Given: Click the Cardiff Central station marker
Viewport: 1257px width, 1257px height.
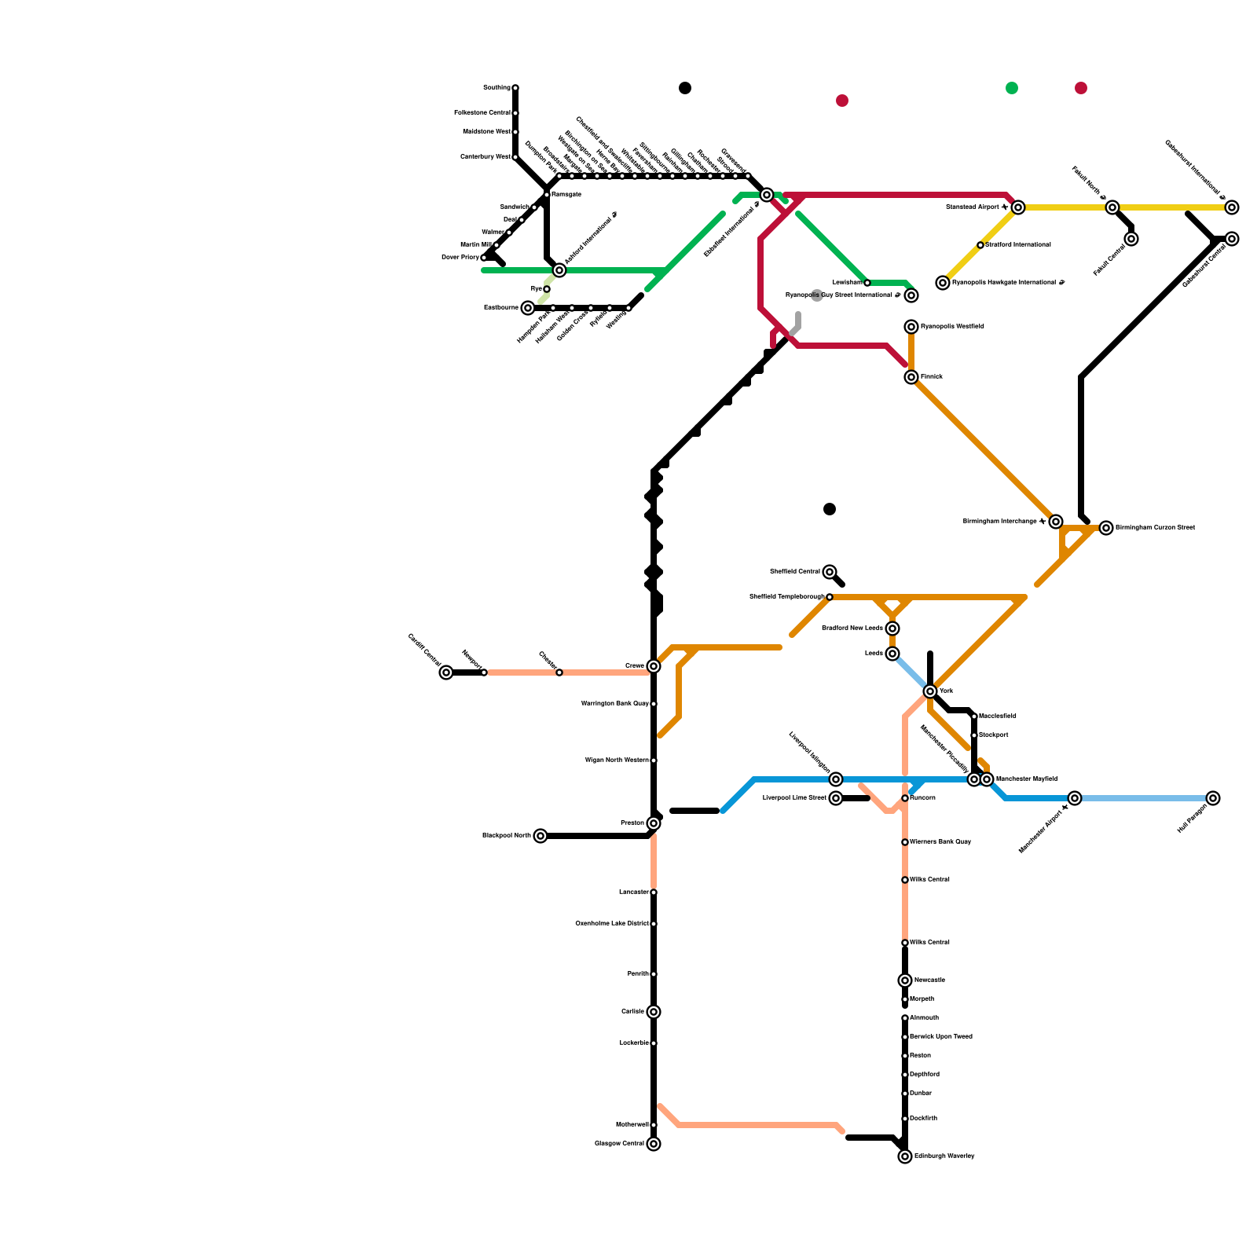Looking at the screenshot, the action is pos(446,672).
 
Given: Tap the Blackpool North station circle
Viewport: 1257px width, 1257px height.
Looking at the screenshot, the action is pos(541,836).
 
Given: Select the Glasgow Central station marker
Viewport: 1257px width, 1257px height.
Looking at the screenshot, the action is pos(654,1144).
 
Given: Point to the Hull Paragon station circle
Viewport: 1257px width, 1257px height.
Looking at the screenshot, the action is pos(1213,798).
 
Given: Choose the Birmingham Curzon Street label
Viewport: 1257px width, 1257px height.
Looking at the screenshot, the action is pos(1155,528).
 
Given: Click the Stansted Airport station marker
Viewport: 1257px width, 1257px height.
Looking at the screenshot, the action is pos(1018,207).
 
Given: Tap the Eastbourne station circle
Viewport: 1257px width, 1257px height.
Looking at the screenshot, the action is pos(528,308).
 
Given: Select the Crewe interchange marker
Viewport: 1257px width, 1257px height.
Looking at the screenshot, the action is pos(654,666).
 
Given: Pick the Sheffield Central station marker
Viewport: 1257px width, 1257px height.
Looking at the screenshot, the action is pos(830,572).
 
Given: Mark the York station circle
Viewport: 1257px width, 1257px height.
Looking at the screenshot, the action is pos(930,691).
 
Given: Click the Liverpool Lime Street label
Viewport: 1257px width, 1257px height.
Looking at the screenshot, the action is pos(794,798).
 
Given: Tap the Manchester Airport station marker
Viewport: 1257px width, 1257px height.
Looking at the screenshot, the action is pos(1075,798).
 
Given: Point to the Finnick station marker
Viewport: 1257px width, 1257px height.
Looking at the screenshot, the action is pos(911,377).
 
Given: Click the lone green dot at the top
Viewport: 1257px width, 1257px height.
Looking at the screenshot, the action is pos(1012,88).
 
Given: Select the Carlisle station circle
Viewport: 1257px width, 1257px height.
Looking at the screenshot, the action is pos(654,1012).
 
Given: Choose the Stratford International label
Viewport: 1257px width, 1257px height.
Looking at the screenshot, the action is pos(1018,245).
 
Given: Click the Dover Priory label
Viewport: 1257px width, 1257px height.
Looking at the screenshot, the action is pos(460,258).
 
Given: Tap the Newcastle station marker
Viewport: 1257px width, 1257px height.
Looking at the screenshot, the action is pos(905,980).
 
